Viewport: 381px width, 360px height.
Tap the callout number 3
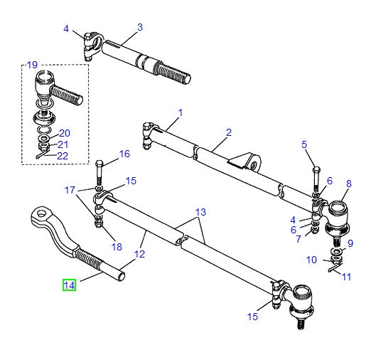[x=140, y=27]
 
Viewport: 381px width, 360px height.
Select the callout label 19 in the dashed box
[x=31, y=65]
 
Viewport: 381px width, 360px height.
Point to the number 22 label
[x=63, y=156]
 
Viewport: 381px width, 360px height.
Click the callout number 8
[x=348, y=184]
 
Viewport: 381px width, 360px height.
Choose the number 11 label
[x=346, y=277]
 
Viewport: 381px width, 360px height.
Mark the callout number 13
[x=200, y=212]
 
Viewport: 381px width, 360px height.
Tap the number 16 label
[x=124, y=154]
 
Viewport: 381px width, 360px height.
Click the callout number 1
[x=181, y=112]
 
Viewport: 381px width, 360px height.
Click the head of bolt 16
[x=99, y=164]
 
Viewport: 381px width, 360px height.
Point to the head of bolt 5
[x=316, y=169]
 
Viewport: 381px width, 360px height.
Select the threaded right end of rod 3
[x=178, y=72]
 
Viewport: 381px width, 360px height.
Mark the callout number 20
[x=64, y=133]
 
